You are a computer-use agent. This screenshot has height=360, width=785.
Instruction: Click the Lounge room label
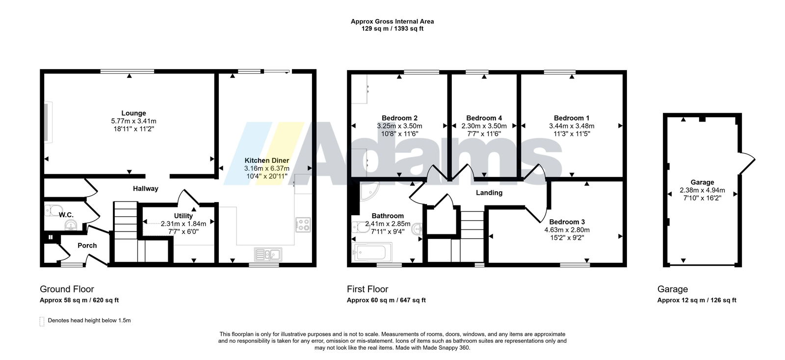[x=133, y=113]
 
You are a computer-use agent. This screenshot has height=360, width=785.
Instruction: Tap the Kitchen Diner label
[x=267, y=160]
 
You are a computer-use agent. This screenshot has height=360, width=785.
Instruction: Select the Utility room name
[x=183, y=216]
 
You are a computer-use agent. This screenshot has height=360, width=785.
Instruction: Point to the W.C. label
[x=66, y=215]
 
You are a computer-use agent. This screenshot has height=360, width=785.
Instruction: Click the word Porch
[x=87, y=246]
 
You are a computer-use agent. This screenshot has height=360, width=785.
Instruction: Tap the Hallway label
[x=145, y=188]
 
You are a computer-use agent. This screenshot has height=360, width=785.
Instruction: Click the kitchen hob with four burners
[x=303, y=225]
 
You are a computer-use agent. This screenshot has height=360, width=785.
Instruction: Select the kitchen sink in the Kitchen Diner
[x=268, y=255]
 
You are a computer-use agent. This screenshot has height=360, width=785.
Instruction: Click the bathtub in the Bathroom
[x=373, y=252]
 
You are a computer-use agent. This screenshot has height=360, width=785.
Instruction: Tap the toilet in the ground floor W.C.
[x=53, y=210]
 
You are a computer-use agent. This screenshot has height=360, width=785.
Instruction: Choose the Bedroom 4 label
[x=484, y=118]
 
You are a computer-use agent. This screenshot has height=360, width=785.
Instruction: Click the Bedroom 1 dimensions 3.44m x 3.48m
[x=572, y=126]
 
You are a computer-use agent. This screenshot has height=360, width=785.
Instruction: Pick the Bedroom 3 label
[x=567, y=222]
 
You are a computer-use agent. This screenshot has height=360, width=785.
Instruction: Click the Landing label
[x=489, y=193]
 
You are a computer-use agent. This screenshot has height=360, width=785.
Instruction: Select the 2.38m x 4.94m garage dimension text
[x=702, y=190]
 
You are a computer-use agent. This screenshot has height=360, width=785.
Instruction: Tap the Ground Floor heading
[x=67, y=289]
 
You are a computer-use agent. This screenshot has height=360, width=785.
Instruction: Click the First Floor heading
[x=367, y=289]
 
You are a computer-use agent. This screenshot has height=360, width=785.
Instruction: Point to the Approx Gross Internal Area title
[x=392, y=22]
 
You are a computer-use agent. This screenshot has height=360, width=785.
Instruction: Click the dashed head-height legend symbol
[x=42, y=321]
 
